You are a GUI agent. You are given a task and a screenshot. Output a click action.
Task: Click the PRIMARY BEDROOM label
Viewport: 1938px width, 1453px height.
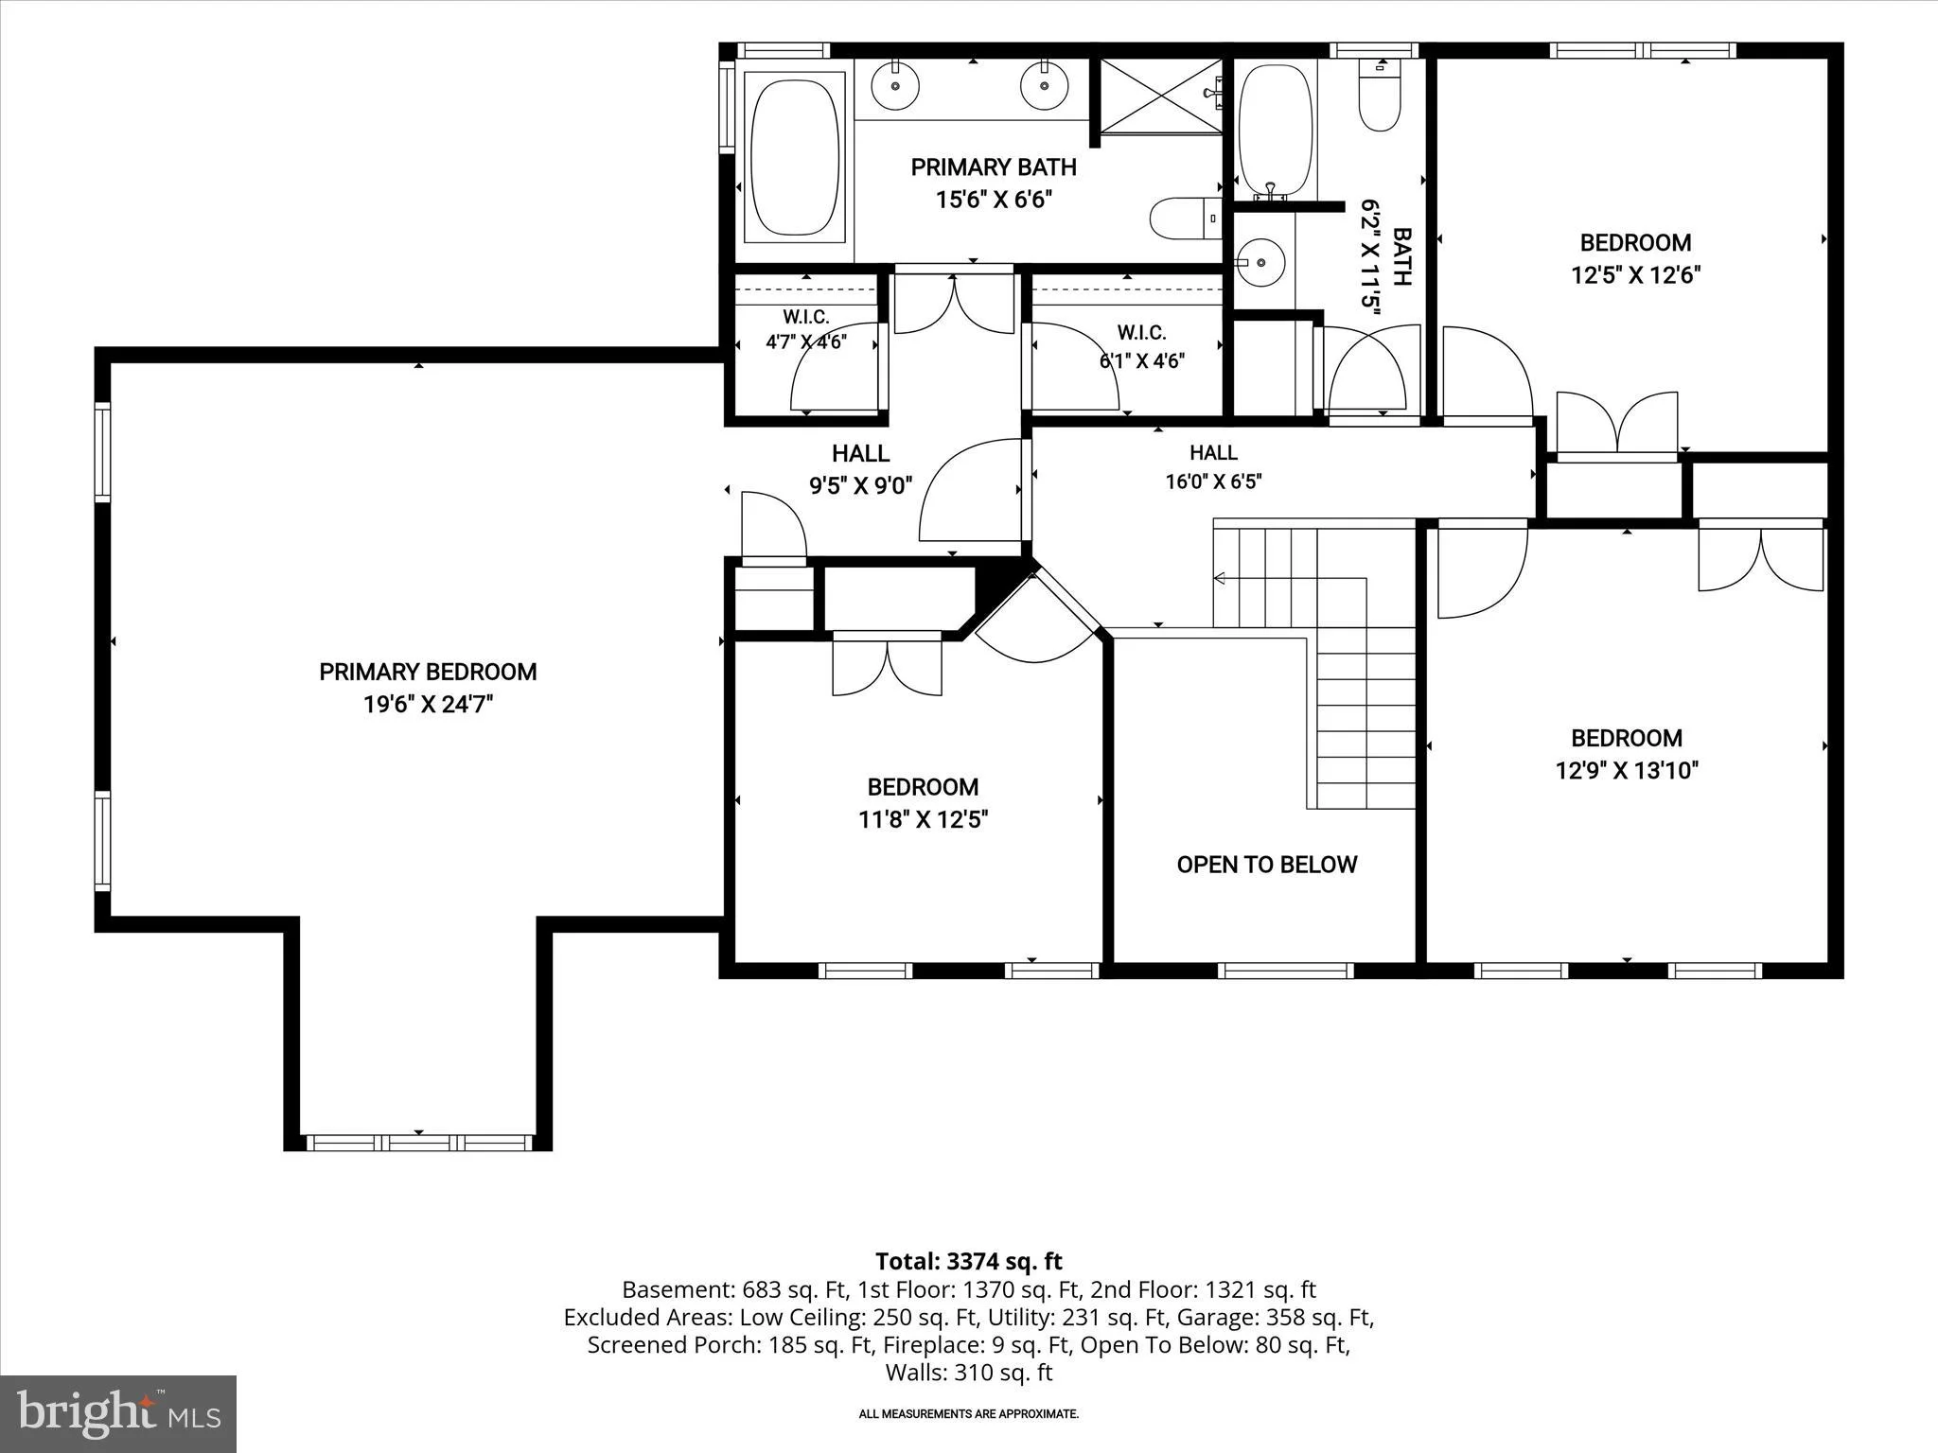click(x=428, y=672)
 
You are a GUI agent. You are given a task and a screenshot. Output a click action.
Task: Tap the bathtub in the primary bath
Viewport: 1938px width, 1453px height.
click(x=795, y=157)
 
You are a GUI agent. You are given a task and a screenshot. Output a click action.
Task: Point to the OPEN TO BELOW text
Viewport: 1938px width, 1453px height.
click(x=1267, y=865)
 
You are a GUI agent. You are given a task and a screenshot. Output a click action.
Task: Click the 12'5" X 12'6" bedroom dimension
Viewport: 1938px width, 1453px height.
click(x=1635, y=275)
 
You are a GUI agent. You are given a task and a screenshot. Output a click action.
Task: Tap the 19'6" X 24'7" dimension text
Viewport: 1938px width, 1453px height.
click(x=428, y=705)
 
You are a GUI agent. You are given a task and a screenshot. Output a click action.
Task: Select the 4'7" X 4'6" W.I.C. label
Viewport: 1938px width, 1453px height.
click(x=805, y=341)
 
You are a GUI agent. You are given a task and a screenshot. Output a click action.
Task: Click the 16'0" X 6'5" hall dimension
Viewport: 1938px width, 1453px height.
click(x=1213, y=481)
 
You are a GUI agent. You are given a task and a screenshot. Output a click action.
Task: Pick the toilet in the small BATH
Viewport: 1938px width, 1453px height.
click(x=1380, y=95)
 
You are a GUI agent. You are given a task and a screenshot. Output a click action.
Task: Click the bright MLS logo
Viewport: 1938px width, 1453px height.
click(x=118, y=1413)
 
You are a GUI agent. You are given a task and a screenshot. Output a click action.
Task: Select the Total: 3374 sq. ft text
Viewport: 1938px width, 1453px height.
click(x=968, y=1261)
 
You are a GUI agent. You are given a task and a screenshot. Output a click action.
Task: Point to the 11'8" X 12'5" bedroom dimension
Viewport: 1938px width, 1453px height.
click(x=923, y=819)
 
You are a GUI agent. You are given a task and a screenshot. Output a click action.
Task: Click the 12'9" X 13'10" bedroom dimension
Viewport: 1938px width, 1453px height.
click(x=1627, y=770)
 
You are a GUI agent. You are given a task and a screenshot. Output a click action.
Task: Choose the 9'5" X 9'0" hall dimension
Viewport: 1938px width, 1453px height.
click(x=860, y=486)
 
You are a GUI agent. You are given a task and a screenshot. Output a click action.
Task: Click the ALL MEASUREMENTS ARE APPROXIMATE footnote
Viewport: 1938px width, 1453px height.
click(x=968, y=1414)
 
